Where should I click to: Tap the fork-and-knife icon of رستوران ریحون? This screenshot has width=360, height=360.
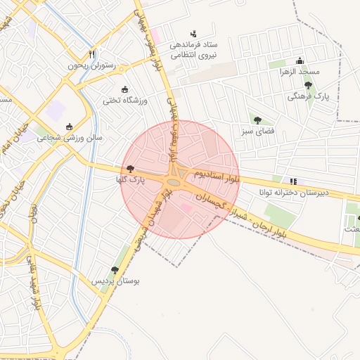(91, 54)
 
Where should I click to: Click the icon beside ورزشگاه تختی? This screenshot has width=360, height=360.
(125, 89)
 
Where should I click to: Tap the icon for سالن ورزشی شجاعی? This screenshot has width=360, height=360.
(69, 127)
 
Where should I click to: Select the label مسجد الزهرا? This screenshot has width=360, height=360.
(300, 72)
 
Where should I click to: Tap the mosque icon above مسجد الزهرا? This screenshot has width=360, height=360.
(300, 60)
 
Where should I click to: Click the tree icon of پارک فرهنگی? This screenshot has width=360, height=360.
(308, 85)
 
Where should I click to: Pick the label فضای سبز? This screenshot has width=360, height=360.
(259, 131)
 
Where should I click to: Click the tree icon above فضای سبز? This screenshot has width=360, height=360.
(257, 120)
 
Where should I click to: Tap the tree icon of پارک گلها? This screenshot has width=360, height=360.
(131, 169)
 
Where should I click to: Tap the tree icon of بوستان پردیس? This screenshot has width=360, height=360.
(115, 269)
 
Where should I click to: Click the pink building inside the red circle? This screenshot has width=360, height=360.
(186, 207)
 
